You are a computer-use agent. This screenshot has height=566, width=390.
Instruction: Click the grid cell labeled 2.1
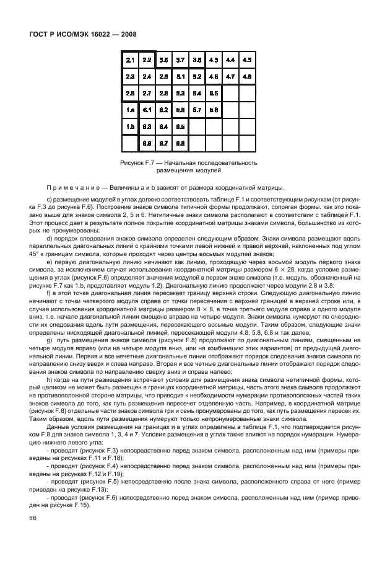point(130,60)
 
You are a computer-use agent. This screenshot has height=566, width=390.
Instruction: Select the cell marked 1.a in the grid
point(130,110)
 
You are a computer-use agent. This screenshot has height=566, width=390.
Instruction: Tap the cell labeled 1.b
point(130,127)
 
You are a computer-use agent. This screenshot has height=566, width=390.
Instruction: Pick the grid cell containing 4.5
point(247,60)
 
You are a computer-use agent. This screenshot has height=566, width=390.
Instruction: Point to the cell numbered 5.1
point(180,77)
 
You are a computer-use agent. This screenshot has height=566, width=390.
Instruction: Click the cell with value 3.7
point(180,60)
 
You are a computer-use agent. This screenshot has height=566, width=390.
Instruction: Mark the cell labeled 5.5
point(214,94)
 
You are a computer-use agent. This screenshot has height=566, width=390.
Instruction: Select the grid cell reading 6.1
point(147,110)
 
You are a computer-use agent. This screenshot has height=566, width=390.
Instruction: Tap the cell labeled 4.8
point(247,77)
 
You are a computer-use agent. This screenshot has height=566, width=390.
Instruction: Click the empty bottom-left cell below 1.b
point(130,144)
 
